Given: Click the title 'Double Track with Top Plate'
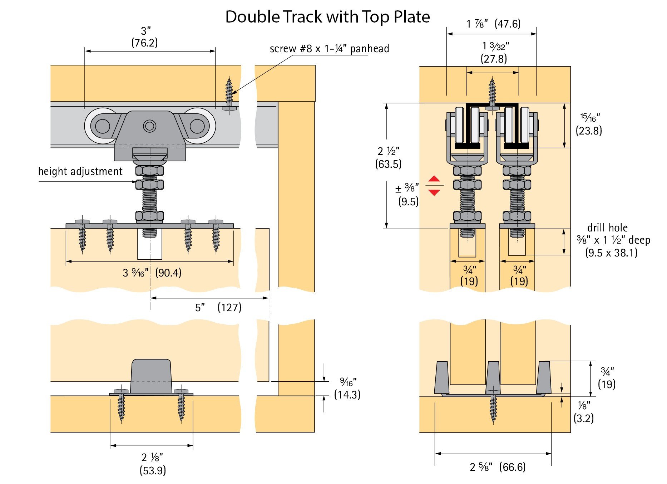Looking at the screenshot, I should point(327,17).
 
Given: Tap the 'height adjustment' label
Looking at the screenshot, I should point(80,171).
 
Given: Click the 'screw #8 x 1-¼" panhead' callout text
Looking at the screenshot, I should point(329,49).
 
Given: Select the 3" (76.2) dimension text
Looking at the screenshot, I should point(144,37).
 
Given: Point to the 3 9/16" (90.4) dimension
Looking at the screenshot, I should point(152,273).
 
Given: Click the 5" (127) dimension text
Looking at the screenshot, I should point(218,307).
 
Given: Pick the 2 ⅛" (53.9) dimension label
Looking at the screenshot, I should point(153,464).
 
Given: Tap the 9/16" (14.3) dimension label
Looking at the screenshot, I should point(347,388).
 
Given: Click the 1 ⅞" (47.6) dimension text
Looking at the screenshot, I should point(493,24).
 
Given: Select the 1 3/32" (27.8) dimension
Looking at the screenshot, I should point(494,52).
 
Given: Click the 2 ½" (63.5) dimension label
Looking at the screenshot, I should point(388,157).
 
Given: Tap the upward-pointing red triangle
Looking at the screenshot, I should point(434,179).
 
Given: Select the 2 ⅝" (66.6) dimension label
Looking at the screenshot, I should point(498,467).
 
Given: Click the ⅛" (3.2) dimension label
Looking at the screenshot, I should point(584,412).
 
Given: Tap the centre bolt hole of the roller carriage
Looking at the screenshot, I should point(149,126).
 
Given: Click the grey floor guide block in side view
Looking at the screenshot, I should point(151,376).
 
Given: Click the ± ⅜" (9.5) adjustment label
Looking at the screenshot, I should point(407,194).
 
